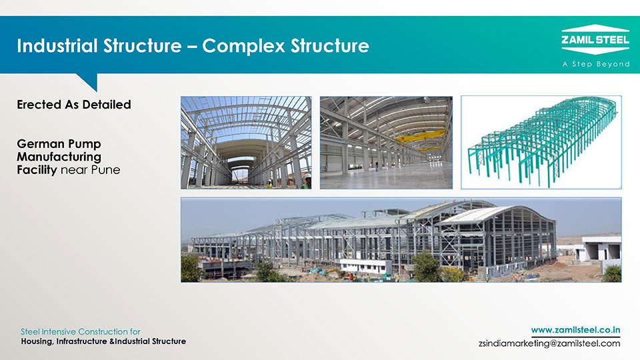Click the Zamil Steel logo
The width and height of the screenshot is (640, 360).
click(x=595, y=39)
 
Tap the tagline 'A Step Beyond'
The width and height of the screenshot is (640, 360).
click(x=596, y=64)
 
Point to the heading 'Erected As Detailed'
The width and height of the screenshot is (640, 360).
click(x=74, y=105)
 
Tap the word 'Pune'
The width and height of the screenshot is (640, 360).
click(x=106, y=170)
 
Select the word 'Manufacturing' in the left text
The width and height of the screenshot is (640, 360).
click(x=59, y=157)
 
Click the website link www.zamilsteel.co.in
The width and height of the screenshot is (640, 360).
click(x=575, y=330)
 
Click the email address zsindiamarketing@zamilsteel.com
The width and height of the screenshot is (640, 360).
click(x=549, y=343)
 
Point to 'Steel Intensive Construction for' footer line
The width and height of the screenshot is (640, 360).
click(x=81, y=331)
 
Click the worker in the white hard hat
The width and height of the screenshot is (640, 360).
click(x=306, y=181)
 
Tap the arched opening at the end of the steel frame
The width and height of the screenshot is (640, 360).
click(x=241, y=171)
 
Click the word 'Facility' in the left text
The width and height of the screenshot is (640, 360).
click(x=37, y=170)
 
